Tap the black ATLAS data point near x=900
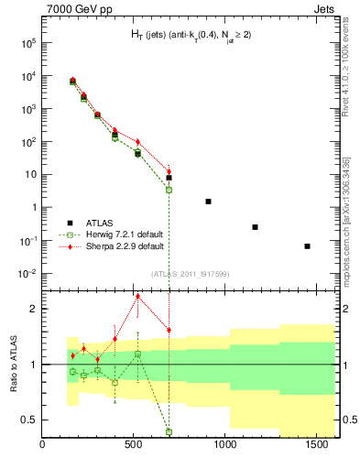click(209, 201)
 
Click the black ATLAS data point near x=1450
click(308, 245)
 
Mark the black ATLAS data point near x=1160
click(255, 226)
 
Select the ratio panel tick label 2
click(34, 309)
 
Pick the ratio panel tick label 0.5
click(29, 420)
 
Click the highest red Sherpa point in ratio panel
click(137, 296)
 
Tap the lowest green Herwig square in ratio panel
click(169, 431)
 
